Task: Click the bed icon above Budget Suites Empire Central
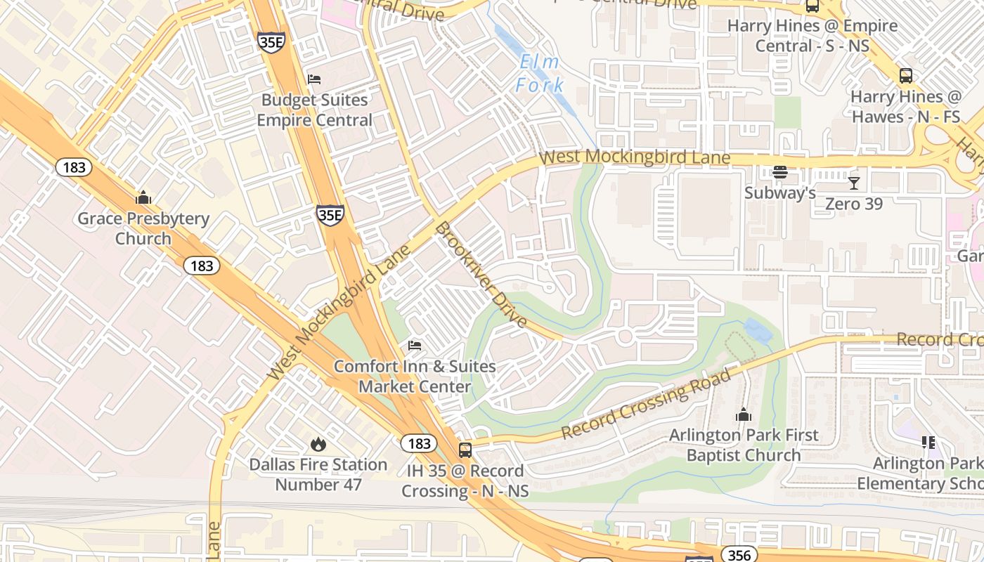(x=314, y=79)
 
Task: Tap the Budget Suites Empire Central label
(x=314, y=110)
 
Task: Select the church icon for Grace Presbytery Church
(x=143, y=197)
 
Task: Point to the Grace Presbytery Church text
(x=143, y=228)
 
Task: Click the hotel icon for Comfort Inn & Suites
(x=415, y=345)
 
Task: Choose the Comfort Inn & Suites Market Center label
(x=415, y=377)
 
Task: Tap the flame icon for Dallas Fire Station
(x=318, y=444)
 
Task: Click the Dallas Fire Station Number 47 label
(x=318, y=475)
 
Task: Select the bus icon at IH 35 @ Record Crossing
(x=465, y=450)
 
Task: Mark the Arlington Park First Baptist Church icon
(x=744, y=414)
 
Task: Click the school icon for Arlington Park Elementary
(x=928, y=442)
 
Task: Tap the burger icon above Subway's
(x=780, y=172)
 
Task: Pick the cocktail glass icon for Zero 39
(x=854, y=183)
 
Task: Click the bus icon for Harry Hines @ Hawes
(x=906, y=76)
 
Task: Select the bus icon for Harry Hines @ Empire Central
(x=813, y=6)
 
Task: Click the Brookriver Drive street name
(x=481, y=275)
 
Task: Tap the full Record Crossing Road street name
(x=647, y=404)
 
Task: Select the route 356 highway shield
(x=739, y=555)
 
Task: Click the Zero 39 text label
(x=854, y=204)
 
